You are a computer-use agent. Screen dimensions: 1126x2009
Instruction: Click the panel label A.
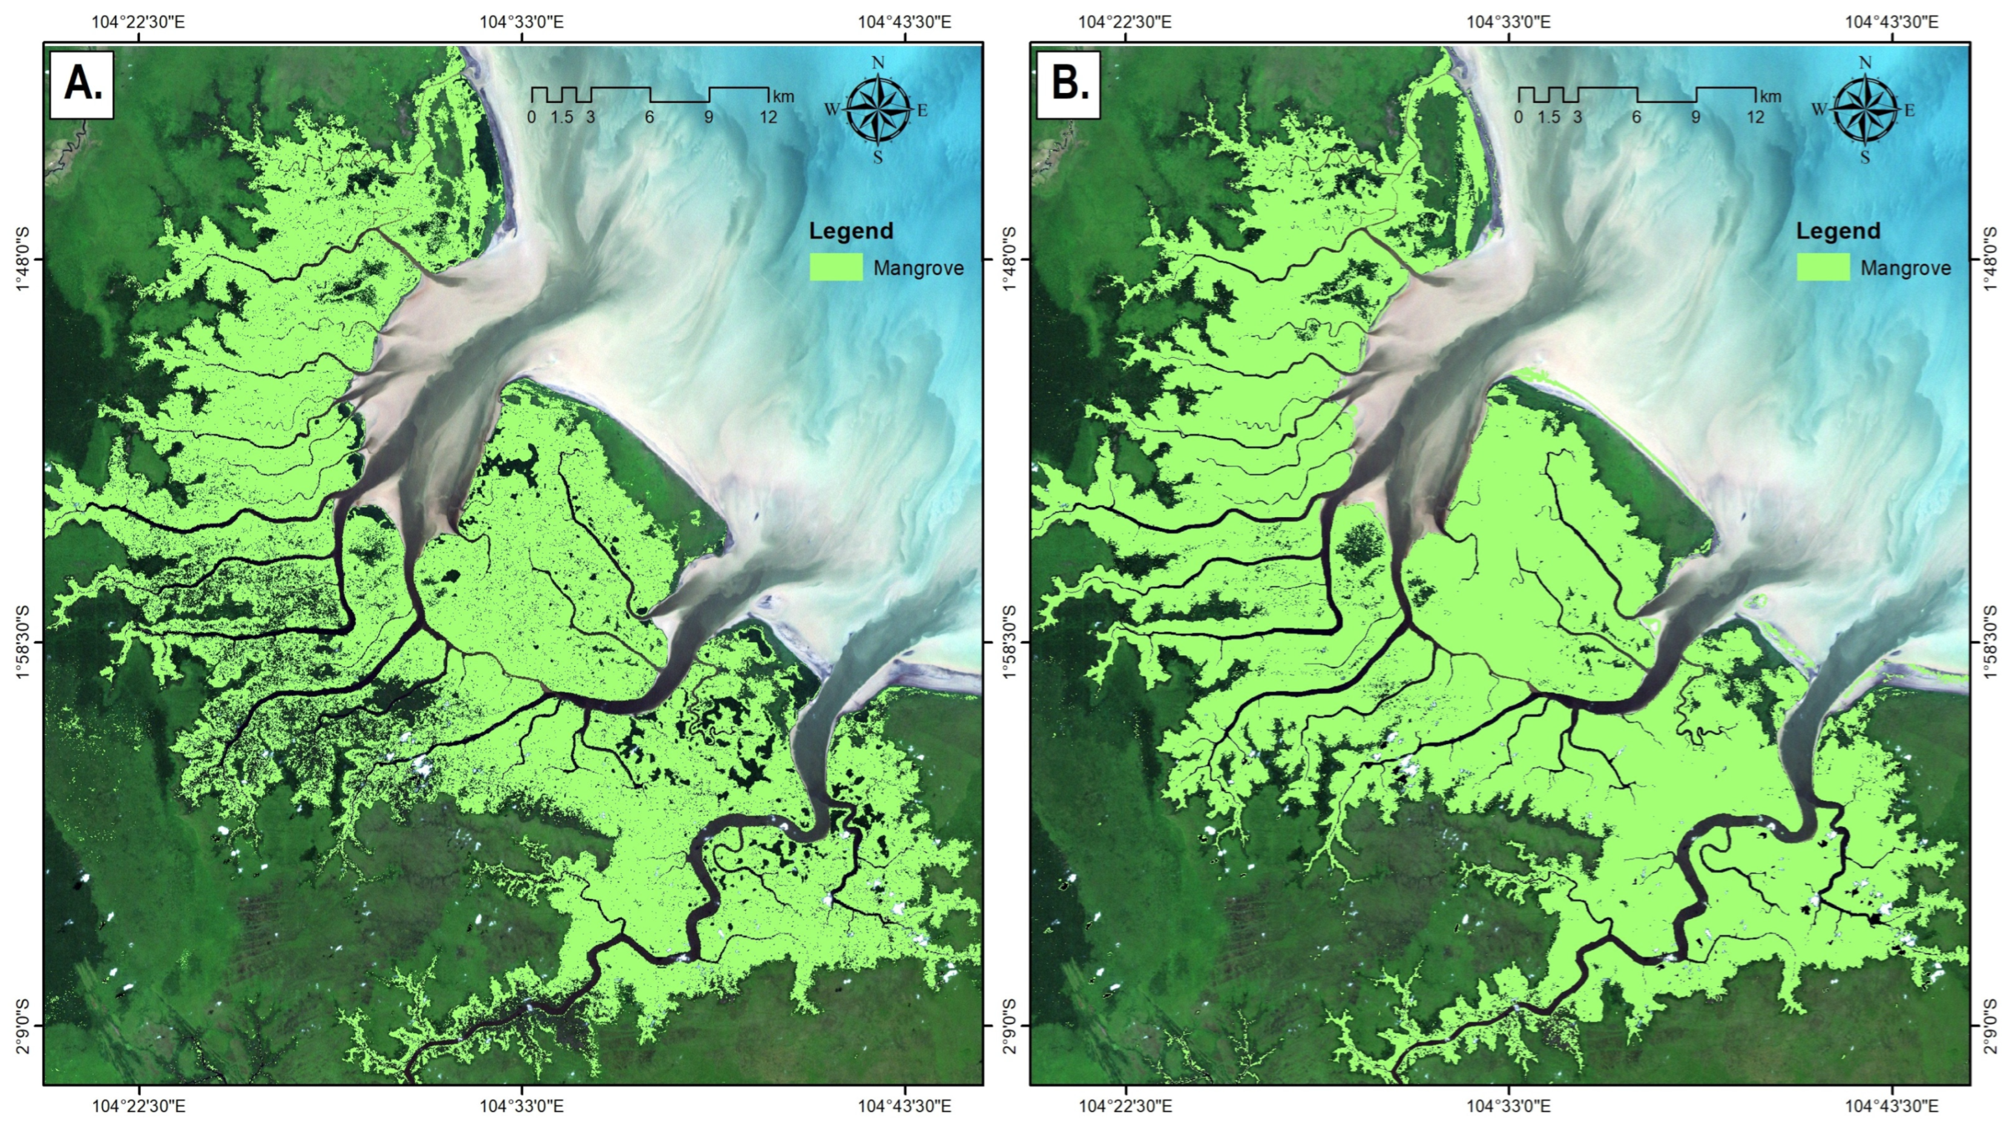pos(82,83)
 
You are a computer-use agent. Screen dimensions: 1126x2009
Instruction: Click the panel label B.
pos(1069,83)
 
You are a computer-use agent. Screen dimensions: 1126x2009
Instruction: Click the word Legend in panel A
pos(851,231)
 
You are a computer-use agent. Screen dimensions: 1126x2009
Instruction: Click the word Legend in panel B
pos(1838,231)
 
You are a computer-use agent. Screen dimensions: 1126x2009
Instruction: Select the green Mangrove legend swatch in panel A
pos(836,267)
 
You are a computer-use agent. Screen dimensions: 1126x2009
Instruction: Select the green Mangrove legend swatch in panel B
pos(1823,267)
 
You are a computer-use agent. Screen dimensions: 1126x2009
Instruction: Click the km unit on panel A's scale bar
pos(783,97)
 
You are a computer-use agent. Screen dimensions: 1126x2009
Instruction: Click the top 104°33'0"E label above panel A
pos(521,21)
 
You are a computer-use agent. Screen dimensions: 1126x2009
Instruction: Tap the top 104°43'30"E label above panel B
pos(1891,21)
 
